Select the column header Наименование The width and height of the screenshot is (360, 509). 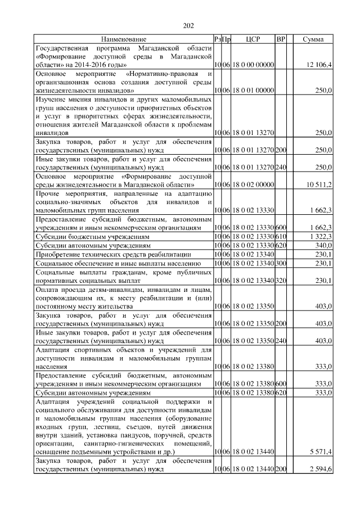124,39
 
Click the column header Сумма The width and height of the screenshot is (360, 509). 313,39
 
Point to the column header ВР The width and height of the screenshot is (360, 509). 281,39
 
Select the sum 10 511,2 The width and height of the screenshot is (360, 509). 319,184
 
